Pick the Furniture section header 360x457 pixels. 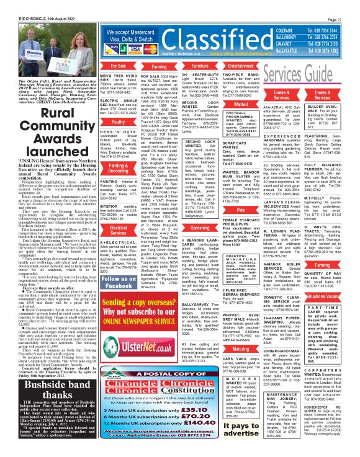(x=182, y=65)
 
